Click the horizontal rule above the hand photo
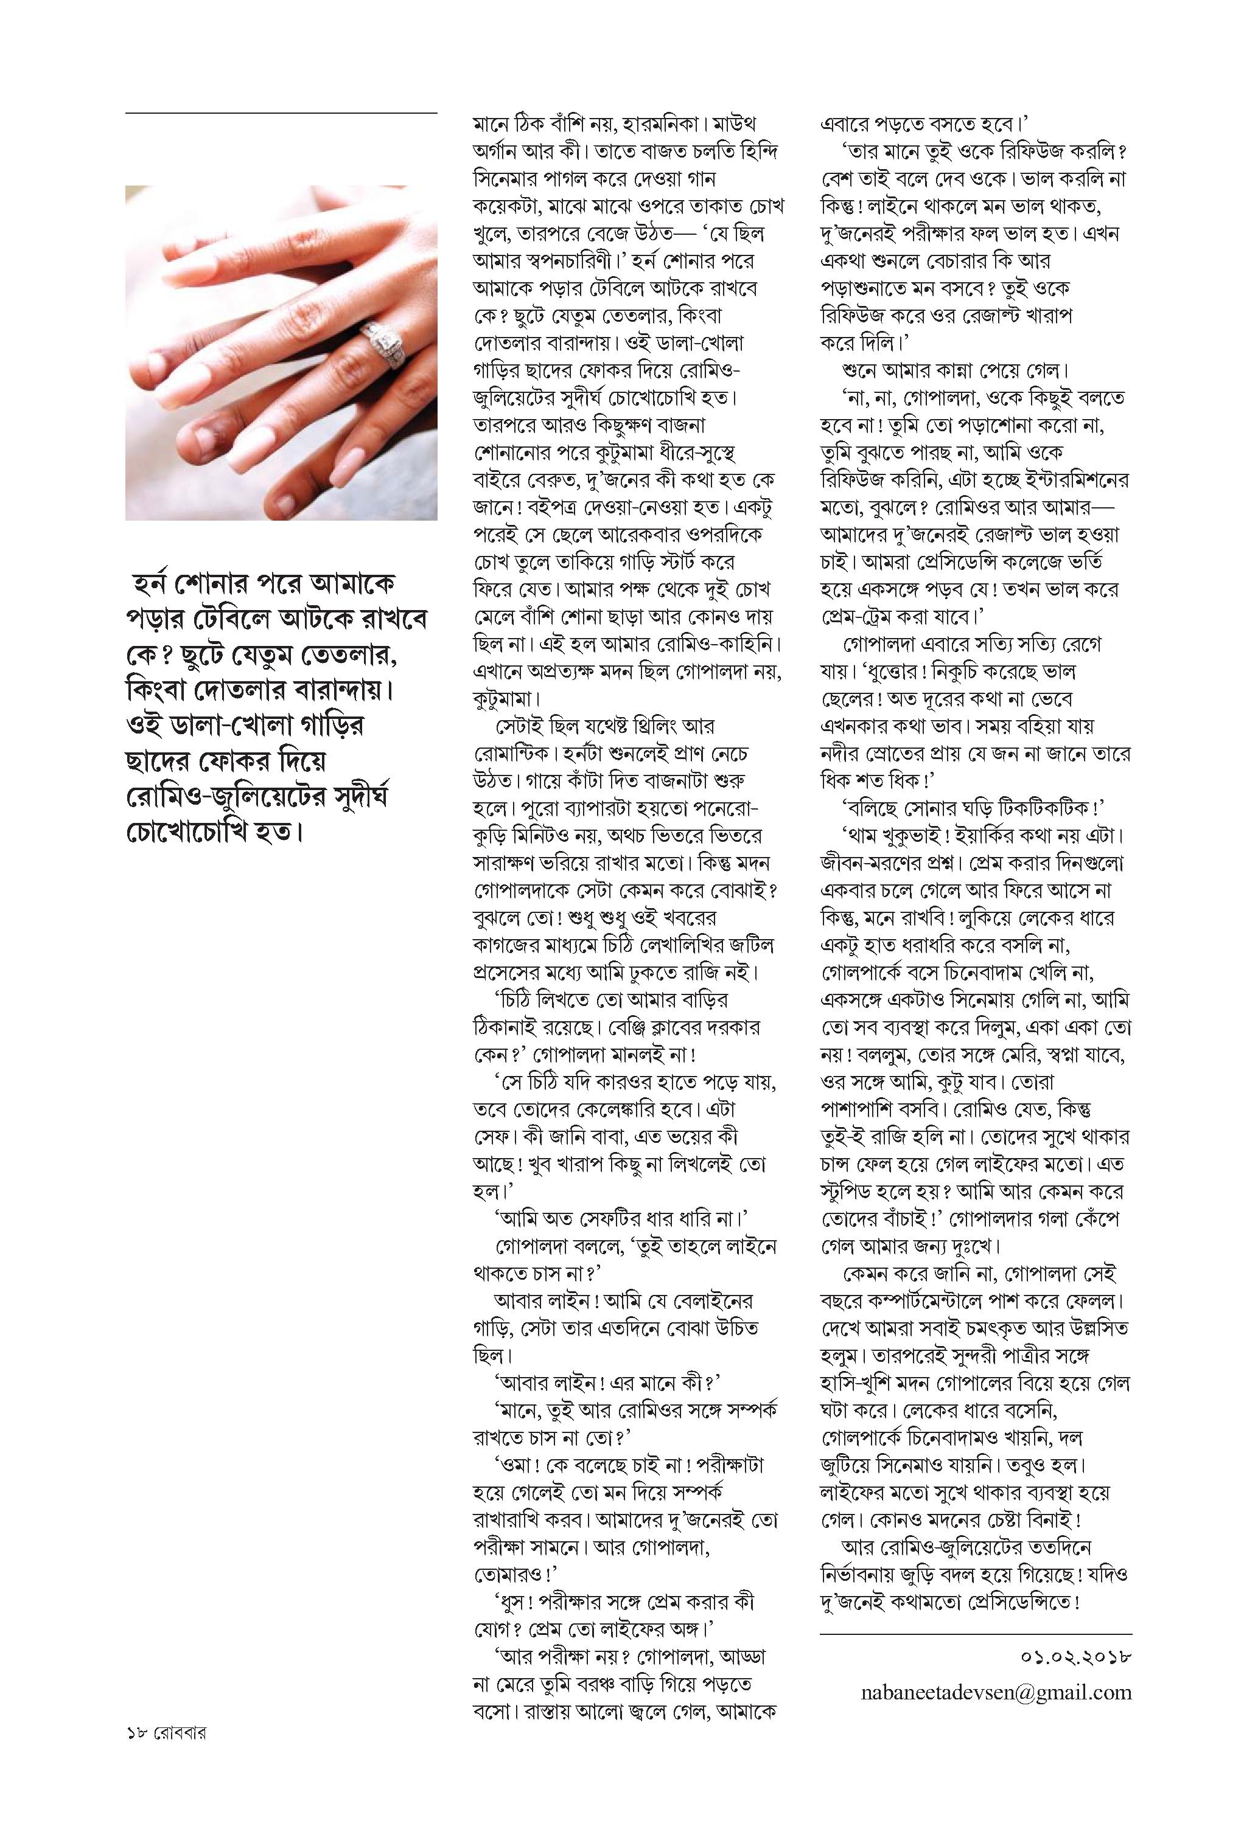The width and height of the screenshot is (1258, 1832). (x=281, y=114)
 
